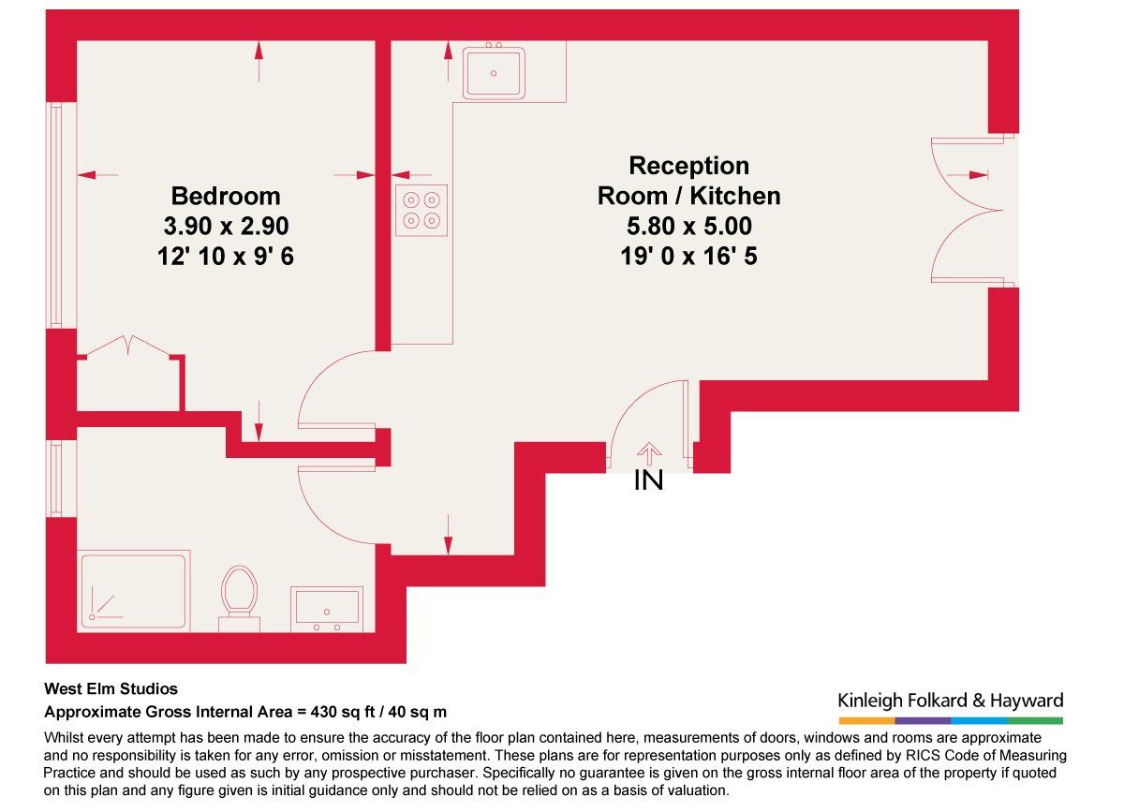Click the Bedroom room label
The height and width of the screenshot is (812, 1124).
(226, 196)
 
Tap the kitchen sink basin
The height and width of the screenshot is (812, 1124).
(494, 73)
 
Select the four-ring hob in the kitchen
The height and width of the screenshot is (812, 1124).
(421, 211)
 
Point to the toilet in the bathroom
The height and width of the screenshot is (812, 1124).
(240, 598)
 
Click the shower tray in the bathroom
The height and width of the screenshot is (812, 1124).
(133, 591)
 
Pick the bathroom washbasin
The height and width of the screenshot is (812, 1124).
(327, 610)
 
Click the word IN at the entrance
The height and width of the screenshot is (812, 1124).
(648, 480)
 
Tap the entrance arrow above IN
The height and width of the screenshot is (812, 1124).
(649, 454)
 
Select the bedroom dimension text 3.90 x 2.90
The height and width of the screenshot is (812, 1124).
(227, 226)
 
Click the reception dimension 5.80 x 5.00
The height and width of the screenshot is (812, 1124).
(689, 226)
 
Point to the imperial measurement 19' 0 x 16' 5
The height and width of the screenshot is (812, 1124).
(688, 256)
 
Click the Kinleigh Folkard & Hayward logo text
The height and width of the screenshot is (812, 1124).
(951, 701)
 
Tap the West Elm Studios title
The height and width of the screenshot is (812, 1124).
(111, 688)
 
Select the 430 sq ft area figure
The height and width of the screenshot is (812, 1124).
(342, 712)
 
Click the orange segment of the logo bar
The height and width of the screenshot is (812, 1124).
(866, 720)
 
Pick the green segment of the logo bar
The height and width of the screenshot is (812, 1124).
(1035, 720)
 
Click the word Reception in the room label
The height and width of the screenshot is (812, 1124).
(689, 166)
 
